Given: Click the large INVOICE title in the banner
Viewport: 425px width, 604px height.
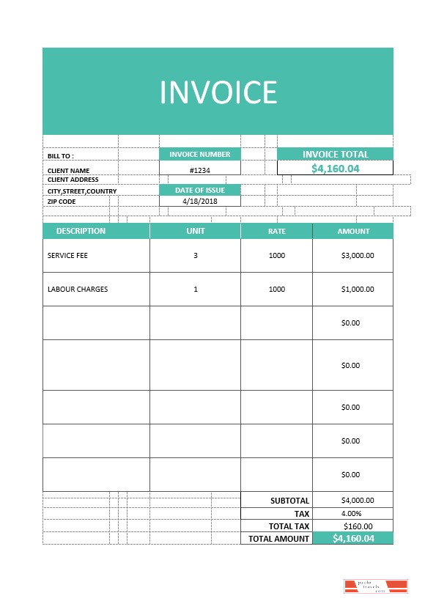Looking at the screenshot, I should click(x=218, y=92).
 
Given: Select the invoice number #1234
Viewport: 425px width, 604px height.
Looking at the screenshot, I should click(x=200, y=169).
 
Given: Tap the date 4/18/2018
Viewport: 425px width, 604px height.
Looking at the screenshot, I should click(x=200, y=201).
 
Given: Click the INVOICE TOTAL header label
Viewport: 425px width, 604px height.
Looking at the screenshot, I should click(x=335, y=154).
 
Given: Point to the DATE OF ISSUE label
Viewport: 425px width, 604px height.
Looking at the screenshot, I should click(x=200, y=190).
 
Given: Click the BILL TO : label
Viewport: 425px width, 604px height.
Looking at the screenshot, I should click(x=61, y=156).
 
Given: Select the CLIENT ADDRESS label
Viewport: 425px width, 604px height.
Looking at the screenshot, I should click(x=73, y=180).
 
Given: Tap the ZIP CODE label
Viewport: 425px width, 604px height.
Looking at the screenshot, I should click(x=62, y=201).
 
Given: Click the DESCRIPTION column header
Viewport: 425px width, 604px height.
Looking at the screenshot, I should click(x=81, y=231).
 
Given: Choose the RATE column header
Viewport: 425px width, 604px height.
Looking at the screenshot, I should click(x=276, y=232).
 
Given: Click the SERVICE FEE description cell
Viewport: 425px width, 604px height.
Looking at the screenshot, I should click(x=67, y=256).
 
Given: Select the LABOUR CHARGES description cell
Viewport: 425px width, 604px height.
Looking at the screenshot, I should click(x=78, y=289).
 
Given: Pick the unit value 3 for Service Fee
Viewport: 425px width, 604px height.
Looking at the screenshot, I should click(x=196, y=256).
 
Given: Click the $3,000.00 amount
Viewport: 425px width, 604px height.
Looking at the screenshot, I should click(x=358, y=256).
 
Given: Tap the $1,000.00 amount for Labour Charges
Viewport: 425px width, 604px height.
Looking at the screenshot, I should click(x=358, y=289).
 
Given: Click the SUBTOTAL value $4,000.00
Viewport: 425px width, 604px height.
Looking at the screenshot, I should click(x=358, y=501).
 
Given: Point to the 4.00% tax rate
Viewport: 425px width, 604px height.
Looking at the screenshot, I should click(x=351, y=513).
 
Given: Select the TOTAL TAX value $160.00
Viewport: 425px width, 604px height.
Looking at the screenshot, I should click(x=358, y=526).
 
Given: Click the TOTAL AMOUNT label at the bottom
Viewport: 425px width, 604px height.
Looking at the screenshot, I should click(x=279, y=539).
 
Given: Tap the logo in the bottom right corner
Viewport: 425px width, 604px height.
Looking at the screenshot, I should click(x=375, y=585).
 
